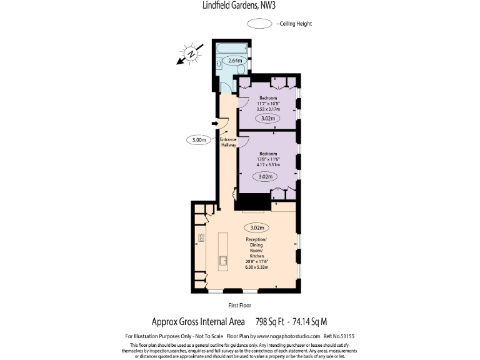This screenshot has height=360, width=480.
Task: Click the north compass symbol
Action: coord(191,54)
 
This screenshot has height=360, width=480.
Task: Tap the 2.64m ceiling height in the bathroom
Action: coord(235,61)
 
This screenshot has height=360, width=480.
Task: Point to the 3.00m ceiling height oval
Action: coord(199,140)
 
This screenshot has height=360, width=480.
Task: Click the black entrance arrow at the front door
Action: coord(214,124)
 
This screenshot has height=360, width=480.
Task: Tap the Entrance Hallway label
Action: coord(229,142)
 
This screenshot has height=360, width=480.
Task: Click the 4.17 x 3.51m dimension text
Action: coord(269,165)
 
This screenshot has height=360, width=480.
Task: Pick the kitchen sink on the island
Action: coord(222,260)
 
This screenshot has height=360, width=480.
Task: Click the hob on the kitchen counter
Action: coord(201,237)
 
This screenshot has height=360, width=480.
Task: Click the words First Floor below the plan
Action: coord(240,306)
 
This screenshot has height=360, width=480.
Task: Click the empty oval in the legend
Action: coord(258,24)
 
